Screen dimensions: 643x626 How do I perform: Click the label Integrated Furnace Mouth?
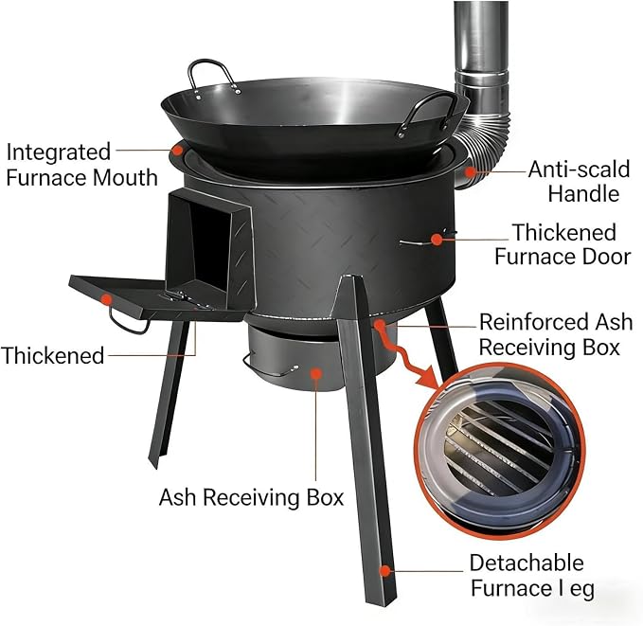point(82,165)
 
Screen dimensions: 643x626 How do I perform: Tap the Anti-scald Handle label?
point(579,181)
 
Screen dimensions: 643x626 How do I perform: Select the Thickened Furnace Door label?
point(563,244)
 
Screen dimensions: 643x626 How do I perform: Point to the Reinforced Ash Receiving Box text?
point(556,334)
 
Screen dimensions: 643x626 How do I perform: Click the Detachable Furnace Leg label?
point(532,575)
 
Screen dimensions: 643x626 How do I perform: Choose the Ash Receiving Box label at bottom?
point(251,497)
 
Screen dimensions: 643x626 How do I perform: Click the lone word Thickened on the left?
point(53,355)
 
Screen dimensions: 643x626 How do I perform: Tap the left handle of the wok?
point(213,77)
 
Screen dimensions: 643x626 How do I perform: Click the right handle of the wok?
point(426,113)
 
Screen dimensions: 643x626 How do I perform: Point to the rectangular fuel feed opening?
point(207,242)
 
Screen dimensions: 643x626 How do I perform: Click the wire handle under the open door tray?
point(128,322)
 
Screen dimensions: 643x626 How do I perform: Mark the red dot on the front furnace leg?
point(384,571)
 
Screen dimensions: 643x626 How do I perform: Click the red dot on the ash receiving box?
point(315,373)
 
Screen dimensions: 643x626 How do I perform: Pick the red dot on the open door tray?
point(106,299)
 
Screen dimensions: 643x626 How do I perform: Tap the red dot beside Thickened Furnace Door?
point(438,240)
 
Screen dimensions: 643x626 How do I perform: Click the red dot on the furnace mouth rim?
point(177,150)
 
